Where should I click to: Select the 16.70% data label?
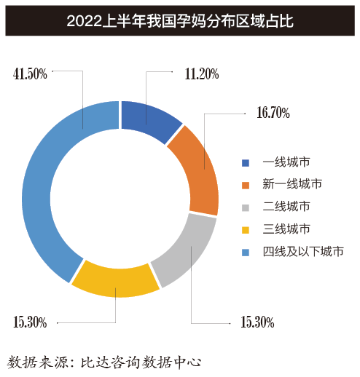pos(273,114)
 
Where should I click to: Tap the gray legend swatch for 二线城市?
pos(246,207)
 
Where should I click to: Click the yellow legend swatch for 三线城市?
pos(246,230)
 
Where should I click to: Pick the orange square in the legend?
pos(246,185)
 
